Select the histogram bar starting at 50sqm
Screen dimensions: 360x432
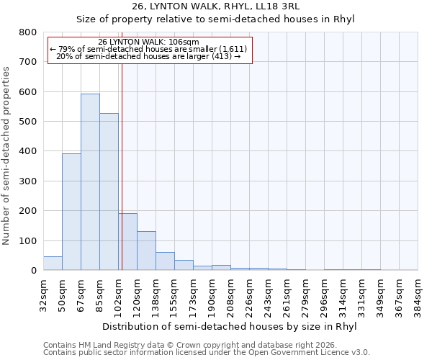(x=71, y=212)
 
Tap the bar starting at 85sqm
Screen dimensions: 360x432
(x=109, y=192)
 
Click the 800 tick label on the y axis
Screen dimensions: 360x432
(x=27, y=32)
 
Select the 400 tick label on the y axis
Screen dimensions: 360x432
(x=27, y=151)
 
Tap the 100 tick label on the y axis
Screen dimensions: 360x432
(x=27, y=240)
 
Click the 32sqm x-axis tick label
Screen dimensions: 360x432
(x=43, y=293)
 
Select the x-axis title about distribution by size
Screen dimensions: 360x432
(x=230, y=326)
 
